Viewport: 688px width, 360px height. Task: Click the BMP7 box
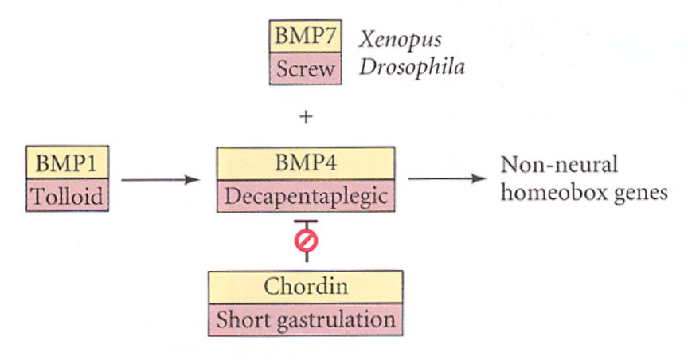coord(306,37)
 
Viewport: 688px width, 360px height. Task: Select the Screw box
coord(306,69)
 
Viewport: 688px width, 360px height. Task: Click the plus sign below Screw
coord(305,117)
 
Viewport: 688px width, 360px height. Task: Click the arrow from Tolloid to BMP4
coord(159,180)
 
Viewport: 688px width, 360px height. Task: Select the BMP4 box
coord(306,164)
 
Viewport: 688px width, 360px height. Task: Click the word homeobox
coord(545,194)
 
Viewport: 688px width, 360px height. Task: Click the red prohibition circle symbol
coord(306,240)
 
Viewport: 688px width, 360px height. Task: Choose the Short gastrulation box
coord(306,319)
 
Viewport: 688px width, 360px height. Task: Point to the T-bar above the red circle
coord(306,221)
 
